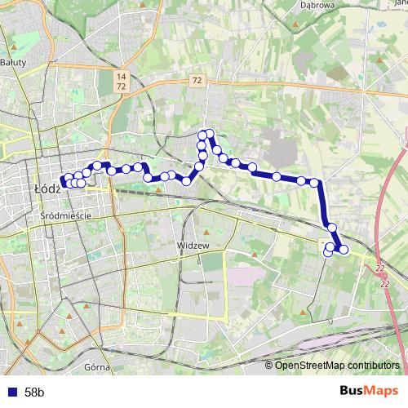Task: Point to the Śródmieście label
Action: (64, 215)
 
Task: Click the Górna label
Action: (96, 367)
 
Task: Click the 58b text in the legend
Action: (35, 392)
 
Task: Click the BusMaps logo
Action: (370, 392)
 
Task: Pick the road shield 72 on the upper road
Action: (197, 81)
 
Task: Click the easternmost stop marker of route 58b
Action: (344, 250)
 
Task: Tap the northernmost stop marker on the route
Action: (210, 134)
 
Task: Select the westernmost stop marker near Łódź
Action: (64, 182)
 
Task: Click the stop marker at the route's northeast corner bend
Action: (314, 182)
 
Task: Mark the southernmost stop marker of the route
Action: (328, 253)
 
